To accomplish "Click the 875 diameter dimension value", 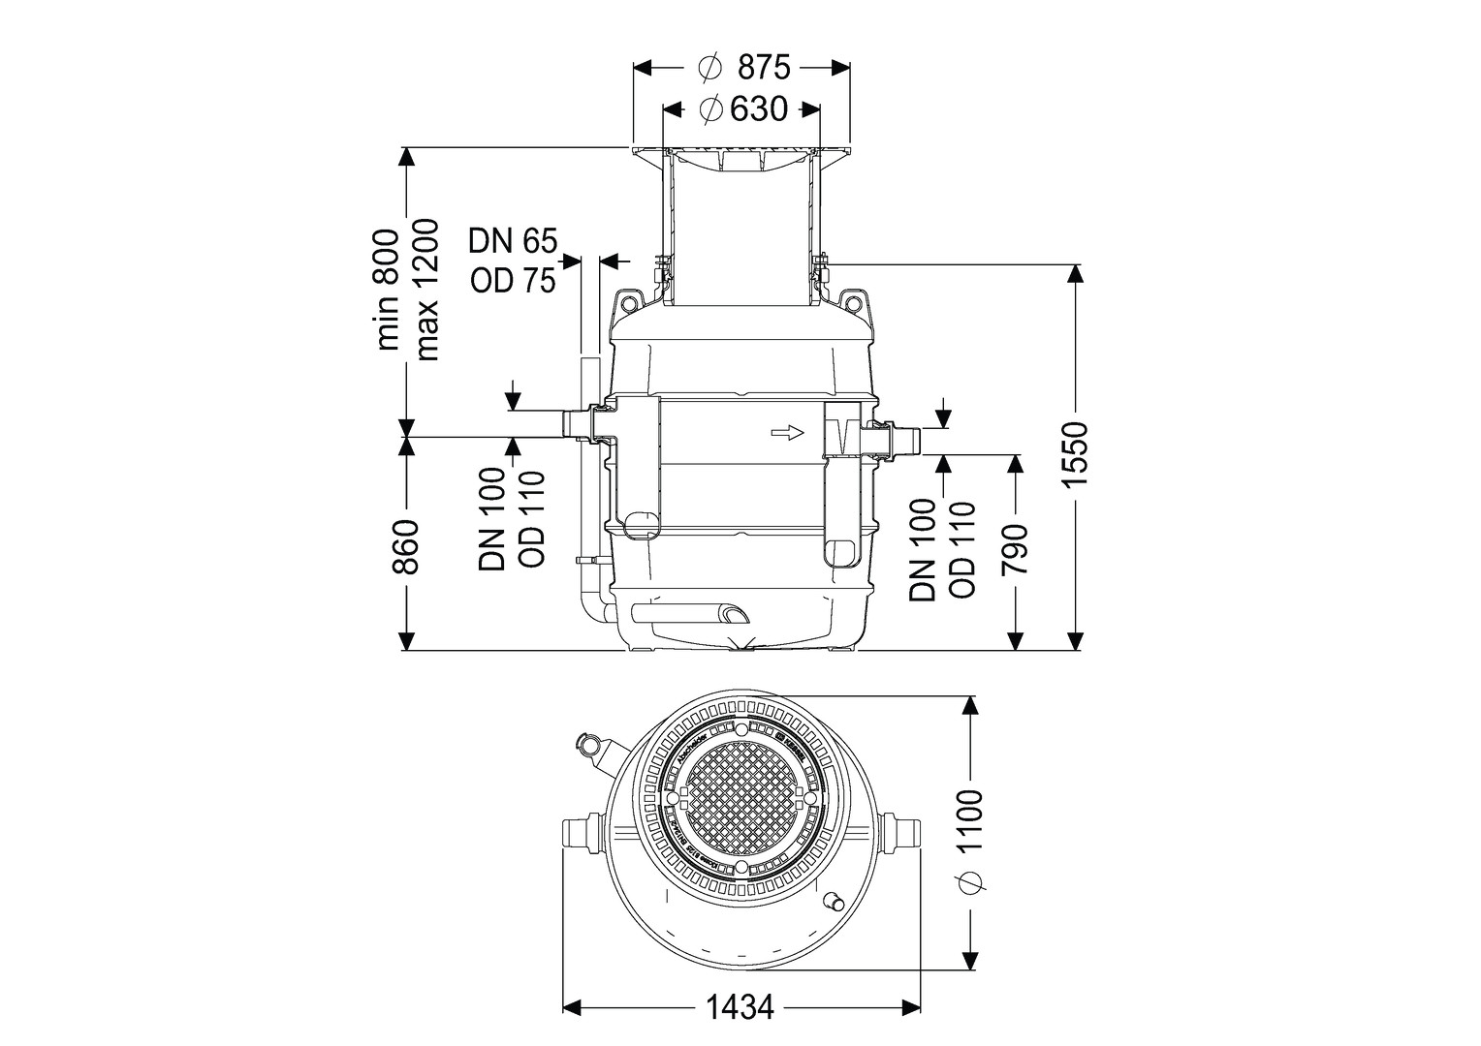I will tap(764, 67).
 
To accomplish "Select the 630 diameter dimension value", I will tap(758, 109).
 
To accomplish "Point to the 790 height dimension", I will tap(1015, 551).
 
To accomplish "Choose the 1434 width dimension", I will tap(740, 1008).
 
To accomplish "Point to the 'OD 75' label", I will tap(513, 280).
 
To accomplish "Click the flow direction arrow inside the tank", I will tap(788, 432).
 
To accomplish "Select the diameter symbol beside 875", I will tap(709, 68).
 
